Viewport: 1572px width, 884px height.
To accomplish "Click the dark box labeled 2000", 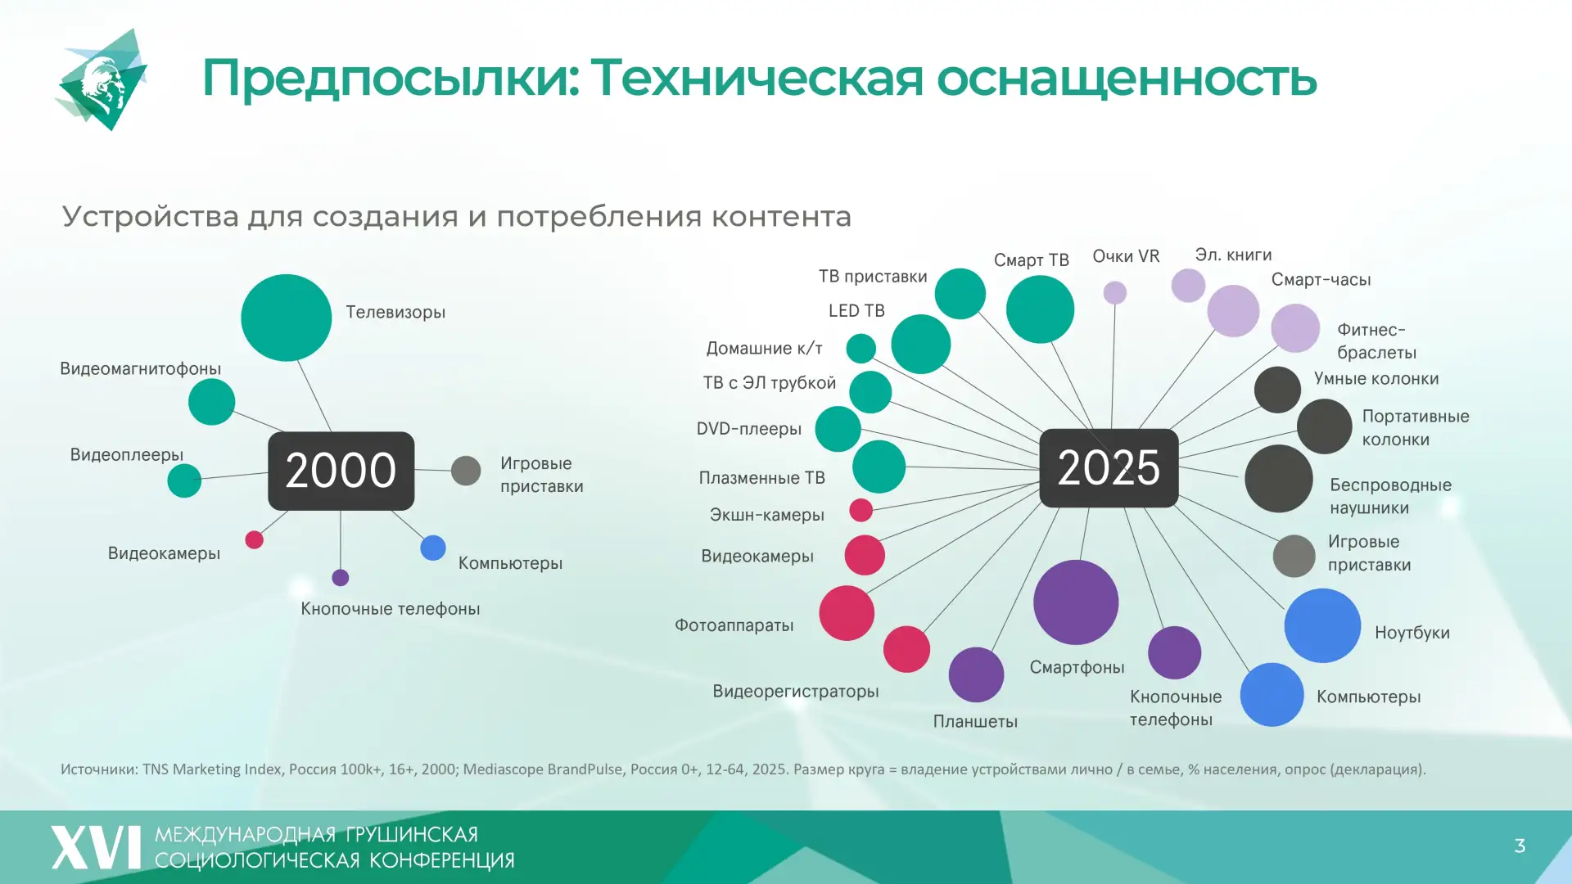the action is [341, 471].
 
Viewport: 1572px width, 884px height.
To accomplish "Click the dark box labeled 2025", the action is [1109, 467].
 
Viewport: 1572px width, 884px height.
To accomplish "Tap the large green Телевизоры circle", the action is [286, 318].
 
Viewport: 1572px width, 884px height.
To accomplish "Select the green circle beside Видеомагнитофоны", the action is [211, 402].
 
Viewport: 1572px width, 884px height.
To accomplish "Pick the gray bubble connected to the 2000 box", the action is [466, 471].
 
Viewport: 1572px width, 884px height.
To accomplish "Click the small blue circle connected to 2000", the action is [433, 548].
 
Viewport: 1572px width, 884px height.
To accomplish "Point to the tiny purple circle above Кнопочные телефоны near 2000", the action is [341, 578].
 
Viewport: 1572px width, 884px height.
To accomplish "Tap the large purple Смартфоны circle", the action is [1076, 602].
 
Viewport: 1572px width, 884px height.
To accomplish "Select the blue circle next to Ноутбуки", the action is [1322, 625].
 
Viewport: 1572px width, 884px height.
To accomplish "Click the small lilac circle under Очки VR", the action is [1115, 292].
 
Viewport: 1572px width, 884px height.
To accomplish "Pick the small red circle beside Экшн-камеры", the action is [861, 510].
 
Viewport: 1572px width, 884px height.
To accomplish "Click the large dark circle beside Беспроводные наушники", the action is [1278, 479].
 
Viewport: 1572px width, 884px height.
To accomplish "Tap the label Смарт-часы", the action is [1321, 280].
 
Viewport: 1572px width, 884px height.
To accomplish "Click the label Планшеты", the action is [975, 722].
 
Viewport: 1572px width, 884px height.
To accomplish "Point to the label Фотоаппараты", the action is [734, 625].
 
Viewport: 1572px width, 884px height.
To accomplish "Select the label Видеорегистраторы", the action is [795, 692].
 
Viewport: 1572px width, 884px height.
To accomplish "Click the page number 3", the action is [1520, 846].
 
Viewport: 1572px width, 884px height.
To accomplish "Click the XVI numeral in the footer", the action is [97, 847].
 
